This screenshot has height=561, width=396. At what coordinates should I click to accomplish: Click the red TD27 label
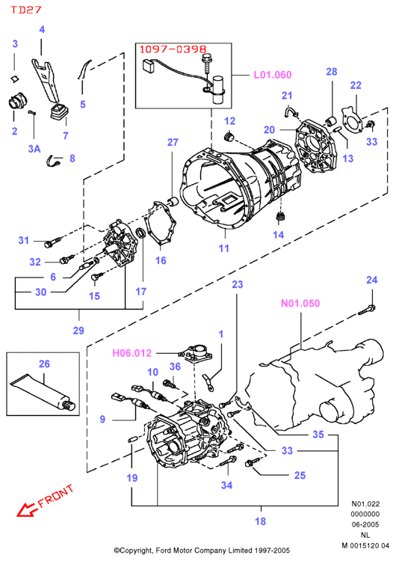[25, 10]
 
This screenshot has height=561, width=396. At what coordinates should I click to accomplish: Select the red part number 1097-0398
[173, 49]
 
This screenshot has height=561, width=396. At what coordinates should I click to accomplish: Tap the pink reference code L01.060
[273, 75]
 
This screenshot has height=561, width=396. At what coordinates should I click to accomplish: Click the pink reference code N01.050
[300, 304]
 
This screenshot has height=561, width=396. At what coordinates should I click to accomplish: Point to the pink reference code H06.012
[132, 353]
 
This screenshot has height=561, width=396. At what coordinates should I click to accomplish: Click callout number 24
[371, 280]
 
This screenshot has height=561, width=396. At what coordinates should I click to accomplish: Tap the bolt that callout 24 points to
[367, 310]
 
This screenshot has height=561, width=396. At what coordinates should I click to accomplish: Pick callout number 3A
[34, 149]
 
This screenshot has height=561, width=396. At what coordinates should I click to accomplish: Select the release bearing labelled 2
[17, 101]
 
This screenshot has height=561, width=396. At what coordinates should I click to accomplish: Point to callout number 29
[78, 330]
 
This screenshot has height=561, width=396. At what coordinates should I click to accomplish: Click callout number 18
[260, 521]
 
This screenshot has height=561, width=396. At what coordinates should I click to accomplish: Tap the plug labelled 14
[281, 216]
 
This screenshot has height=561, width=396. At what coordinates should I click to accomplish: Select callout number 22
[356, 85]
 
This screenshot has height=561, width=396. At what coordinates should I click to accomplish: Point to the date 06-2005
[365, 524]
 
